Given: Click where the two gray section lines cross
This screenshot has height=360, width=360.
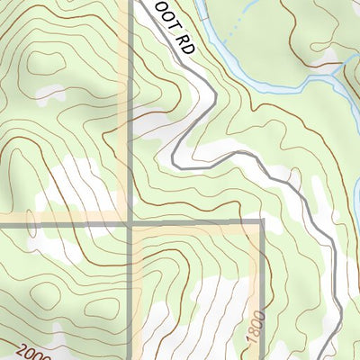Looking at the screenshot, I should point(130,220).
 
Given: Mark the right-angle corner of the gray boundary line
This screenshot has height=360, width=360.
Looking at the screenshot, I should point(262,220).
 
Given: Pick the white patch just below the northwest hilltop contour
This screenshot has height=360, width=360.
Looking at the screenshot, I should point(49,93).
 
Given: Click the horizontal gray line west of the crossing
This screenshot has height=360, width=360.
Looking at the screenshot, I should point(72,220).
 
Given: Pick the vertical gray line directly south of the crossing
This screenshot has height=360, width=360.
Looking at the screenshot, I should point(130,288).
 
